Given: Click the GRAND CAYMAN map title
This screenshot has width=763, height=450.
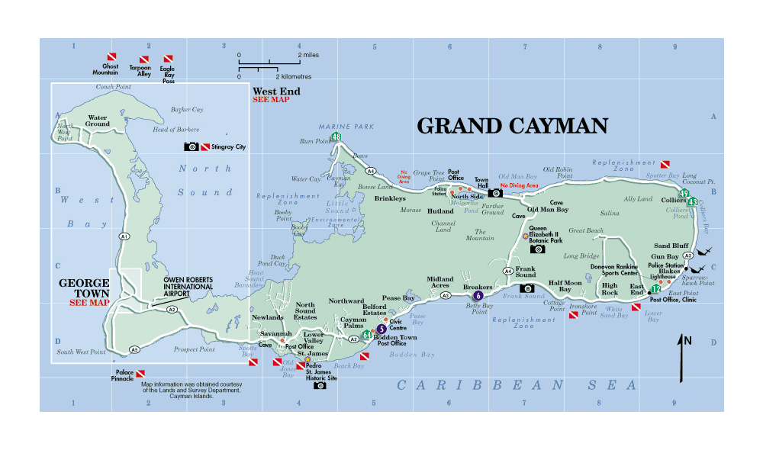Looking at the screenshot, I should tap(512, 126).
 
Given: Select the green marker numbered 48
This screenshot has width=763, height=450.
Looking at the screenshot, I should tap(336, 137).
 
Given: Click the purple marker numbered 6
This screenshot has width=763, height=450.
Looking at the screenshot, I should tap(478, 295).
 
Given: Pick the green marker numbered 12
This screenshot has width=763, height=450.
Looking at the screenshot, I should tap(655, 289).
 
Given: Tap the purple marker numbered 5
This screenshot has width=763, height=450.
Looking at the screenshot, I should tap(381, 329).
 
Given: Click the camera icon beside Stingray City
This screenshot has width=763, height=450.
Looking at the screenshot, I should tap(191, 146).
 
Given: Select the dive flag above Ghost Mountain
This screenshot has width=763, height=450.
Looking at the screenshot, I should tap(110, 58).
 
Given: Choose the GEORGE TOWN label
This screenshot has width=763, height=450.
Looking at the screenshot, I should tap(84, 288).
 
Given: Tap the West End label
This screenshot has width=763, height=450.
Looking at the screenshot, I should tap(276, 92).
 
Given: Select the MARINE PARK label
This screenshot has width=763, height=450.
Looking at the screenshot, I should tap(336, 127).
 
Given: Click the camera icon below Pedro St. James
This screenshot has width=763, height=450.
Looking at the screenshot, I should tap(320, 386).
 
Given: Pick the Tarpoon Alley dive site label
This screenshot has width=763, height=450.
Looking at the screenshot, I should tap(140, 70).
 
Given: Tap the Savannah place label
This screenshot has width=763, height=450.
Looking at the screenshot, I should tap(275, 334).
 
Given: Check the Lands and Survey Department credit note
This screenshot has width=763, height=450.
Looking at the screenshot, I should tap(192, 390).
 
